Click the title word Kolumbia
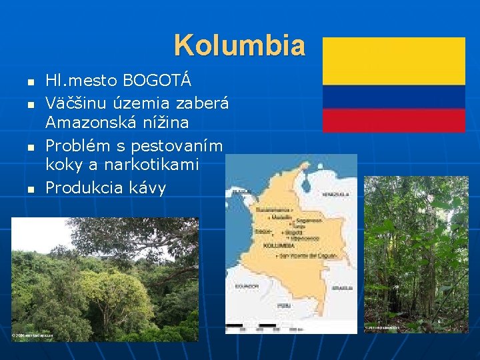[x=239, y=46]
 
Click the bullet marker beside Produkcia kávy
[x=29, y=189]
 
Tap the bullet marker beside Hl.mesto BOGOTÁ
[x=29, y=83]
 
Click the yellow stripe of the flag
[x=393, y=61]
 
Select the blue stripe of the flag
[x=393, y=97]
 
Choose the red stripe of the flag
[x=393, y=121]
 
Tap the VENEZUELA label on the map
[x=336, y=194]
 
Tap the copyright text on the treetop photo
[x=33, y=335]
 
